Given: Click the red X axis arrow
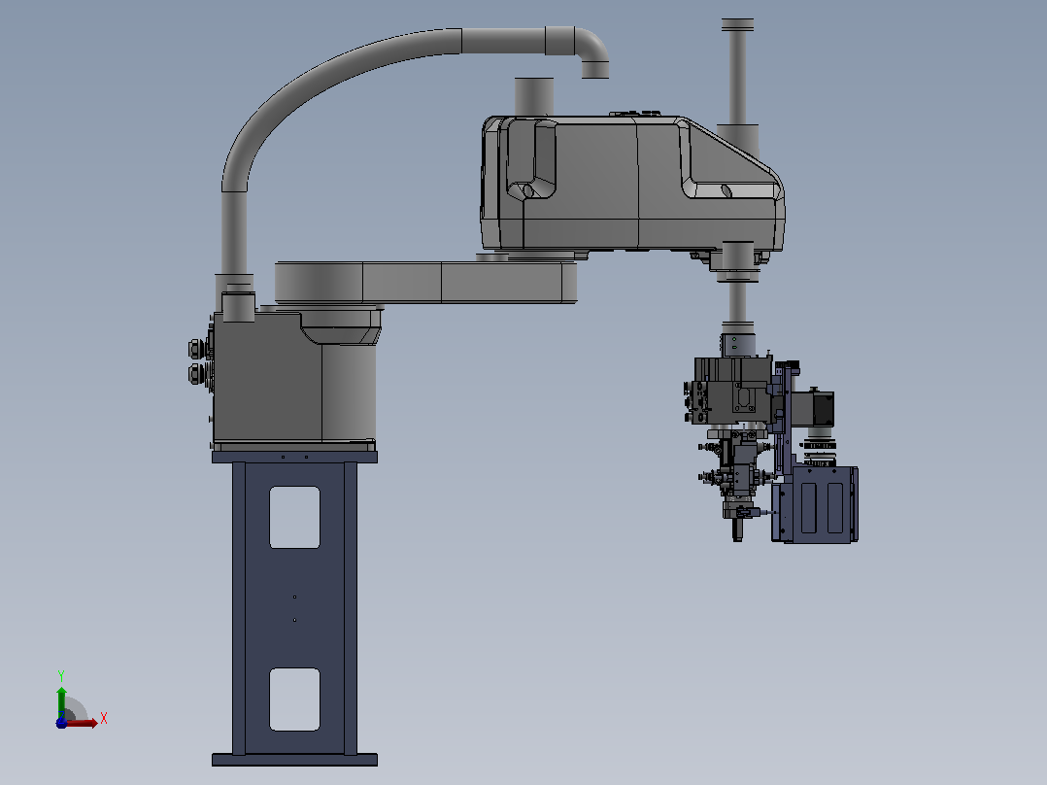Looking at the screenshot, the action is [80, 723].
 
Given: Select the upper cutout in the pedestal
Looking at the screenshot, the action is [294, 517].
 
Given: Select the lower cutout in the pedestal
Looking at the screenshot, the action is [294, 699].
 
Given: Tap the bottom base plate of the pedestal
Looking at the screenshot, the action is [294, 760].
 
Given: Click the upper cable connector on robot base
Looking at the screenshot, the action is [197, 349].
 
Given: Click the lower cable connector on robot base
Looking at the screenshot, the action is [197, 373].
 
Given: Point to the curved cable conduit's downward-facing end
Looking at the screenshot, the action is [594, 70].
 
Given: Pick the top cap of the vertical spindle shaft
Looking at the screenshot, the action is [737, 25].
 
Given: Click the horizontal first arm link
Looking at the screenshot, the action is [426, 283].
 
